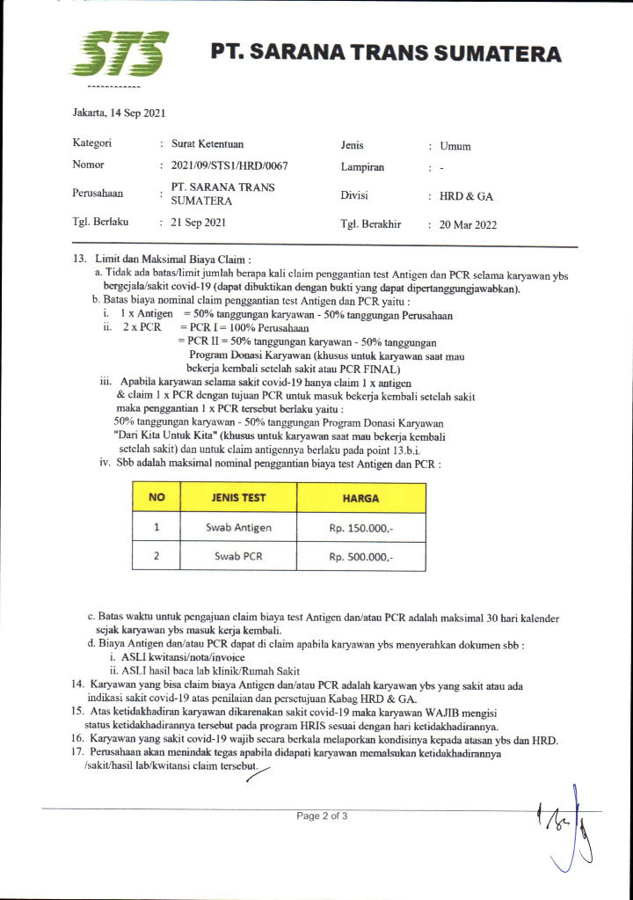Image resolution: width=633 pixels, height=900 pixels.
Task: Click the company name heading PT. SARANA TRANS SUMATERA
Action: tap(385, 54)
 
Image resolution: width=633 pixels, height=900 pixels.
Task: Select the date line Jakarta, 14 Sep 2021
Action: tap(119, 113)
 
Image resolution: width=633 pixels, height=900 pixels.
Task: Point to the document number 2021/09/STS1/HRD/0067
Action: tap(229, 165)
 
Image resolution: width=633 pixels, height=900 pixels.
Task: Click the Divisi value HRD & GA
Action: tap(466, 196)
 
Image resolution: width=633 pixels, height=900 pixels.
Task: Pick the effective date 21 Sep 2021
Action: tap(199, 223)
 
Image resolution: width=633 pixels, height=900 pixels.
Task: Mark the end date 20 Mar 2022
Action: tap(468, 224)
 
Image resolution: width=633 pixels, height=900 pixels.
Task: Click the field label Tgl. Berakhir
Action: tap(370, 223)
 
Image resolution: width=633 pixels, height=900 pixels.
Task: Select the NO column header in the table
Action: tap(156, 497)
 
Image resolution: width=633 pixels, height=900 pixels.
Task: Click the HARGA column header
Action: tap(360, 498)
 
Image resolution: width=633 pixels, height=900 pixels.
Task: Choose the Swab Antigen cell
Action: tap(238, 527)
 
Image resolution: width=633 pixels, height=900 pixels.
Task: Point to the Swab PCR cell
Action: tap(238, 556)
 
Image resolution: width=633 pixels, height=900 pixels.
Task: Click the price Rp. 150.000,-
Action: tap(360, 528)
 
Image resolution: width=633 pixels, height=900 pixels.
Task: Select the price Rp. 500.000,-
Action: tap(360, 557)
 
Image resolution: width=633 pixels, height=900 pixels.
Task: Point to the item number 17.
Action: tap(78, 754)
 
